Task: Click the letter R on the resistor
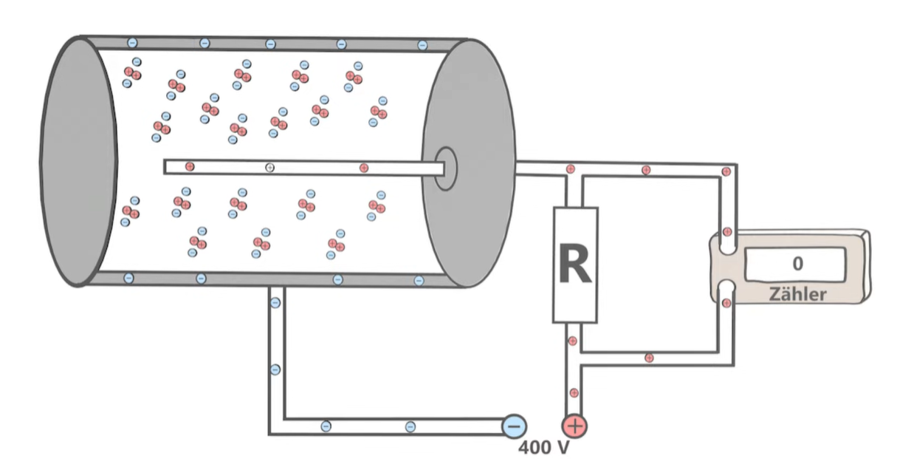tap(575, 264)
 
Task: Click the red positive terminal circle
tap(574, 426)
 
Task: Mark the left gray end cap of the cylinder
tap(78, 162)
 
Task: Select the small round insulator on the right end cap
tap(445, 168)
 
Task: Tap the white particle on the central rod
tap(269, 168)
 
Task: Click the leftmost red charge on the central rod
tap(190, 167)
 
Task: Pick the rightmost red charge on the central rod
tap(363, 168)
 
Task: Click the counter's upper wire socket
tap(727, 244)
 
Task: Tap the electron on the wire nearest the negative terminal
tap(410, 426)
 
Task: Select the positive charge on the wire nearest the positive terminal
tap(574, 393)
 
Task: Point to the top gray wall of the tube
tap(273, 44)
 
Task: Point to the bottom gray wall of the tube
tap(273, 279)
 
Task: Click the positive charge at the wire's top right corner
tap(726, 171)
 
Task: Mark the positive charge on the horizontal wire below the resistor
tap(649, 358)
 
